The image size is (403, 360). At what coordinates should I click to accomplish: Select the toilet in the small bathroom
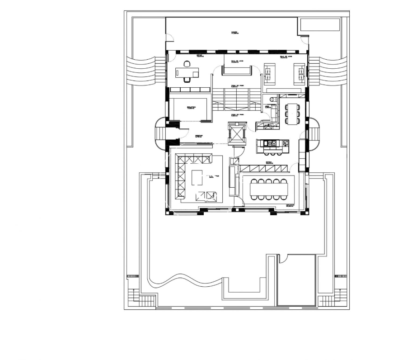(x=272, y=99)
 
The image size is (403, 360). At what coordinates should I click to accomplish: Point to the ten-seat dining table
(x=269, y=189)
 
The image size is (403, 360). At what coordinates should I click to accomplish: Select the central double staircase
(x=236, y=99)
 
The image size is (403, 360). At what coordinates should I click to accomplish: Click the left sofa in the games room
(x=270, y=73)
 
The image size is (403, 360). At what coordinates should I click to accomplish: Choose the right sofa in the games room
(x=299, y=73)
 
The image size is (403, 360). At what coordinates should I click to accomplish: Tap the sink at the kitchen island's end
(x=285, y=144)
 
